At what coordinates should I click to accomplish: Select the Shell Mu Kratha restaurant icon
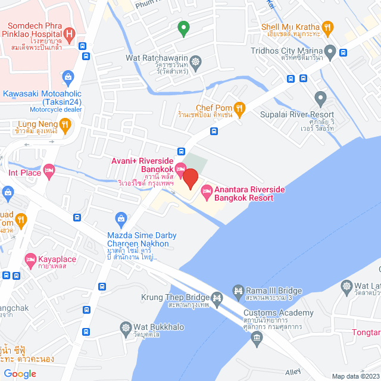[327, 27]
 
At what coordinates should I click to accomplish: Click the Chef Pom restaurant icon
[239, 108]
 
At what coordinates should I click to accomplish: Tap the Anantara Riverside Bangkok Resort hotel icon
[207, 191]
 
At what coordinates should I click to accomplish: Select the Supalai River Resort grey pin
[321, 97]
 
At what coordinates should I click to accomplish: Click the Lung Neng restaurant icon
[65, 124]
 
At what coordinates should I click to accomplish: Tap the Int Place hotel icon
[49, 170]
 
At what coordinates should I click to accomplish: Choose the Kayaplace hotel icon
[30, 259]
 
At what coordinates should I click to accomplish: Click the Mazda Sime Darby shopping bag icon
[121, 218]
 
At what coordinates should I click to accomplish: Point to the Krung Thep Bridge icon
[217, 296]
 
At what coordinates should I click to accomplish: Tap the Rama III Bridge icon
[238, 291]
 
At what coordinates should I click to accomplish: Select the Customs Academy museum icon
[257, 339]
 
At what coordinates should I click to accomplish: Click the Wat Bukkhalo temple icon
[126, 327]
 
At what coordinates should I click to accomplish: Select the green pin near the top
[184, 27]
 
